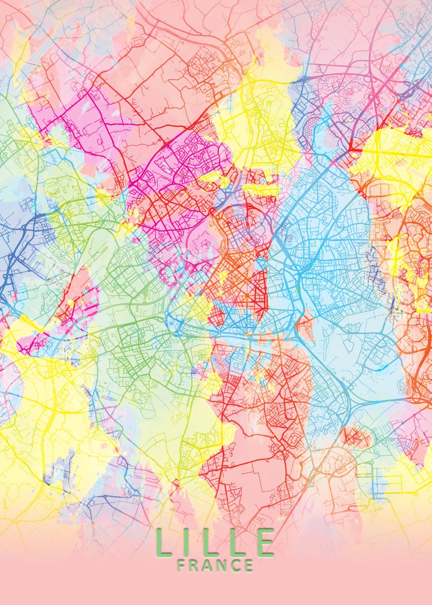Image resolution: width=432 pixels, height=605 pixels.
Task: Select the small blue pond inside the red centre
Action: (261, 264)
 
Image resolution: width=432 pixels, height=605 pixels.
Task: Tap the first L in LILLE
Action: (164, 542)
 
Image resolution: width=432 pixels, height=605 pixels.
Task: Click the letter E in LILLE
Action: (265, 542)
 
